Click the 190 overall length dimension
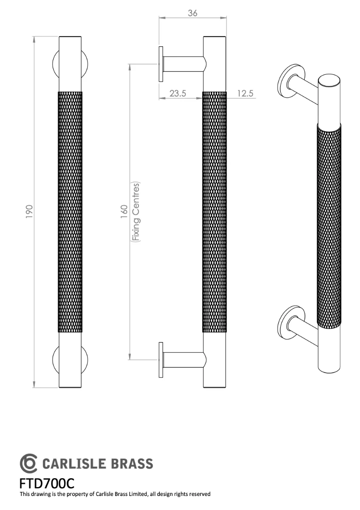click(x=29, y=211)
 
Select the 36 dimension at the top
click(x=193, y=13)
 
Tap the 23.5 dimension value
click(x=178, y=93)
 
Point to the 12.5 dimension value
click(x=245, y=93)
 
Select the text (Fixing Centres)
click(x=136, y=212)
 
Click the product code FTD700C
click(x=47, y=483)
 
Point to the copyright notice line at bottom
click(x=115, y=494)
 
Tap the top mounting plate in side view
click(x=161, y=64)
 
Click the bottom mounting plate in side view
click(x=161, y=360)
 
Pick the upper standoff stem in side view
click(x=183, y=64)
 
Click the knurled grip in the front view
click(x=69, y=211)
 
